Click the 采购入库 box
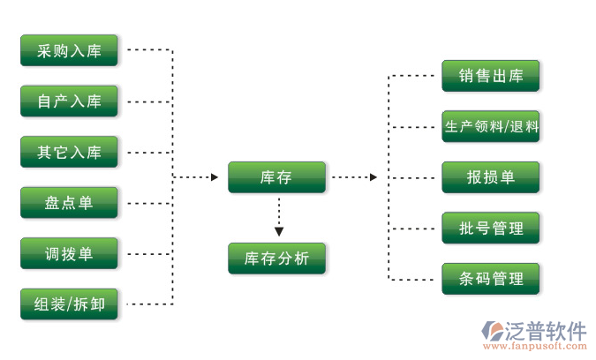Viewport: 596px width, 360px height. (70, 51)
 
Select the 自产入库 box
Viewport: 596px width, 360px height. (70, 101)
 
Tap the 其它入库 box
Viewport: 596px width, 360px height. (70, 153)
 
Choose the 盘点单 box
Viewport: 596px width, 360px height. (70, 204)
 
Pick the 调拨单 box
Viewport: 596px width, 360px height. (70, 254)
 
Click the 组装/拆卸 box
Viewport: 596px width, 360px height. (70, 304)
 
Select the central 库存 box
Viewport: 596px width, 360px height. (276, 177)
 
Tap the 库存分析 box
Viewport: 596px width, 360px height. (276, 259)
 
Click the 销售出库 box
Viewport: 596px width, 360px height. (491, 76)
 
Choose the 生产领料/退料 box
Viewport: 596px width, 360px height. (491, 126)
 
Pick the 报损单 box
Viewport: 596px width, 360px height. (491, 176)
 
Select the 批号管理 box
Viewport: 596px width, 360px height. (491, 229)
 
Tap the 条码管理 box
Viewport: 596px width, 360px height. (491, 279)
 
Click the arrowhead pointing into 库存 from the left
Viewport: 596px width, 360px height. (214, 177)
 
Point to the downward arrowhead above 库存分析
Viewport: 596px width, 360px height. (279, 232)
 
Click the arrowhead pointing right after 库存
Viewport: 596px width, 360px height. (373, 177)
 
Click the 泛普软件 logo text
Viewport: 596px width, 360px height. (546, 331)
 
